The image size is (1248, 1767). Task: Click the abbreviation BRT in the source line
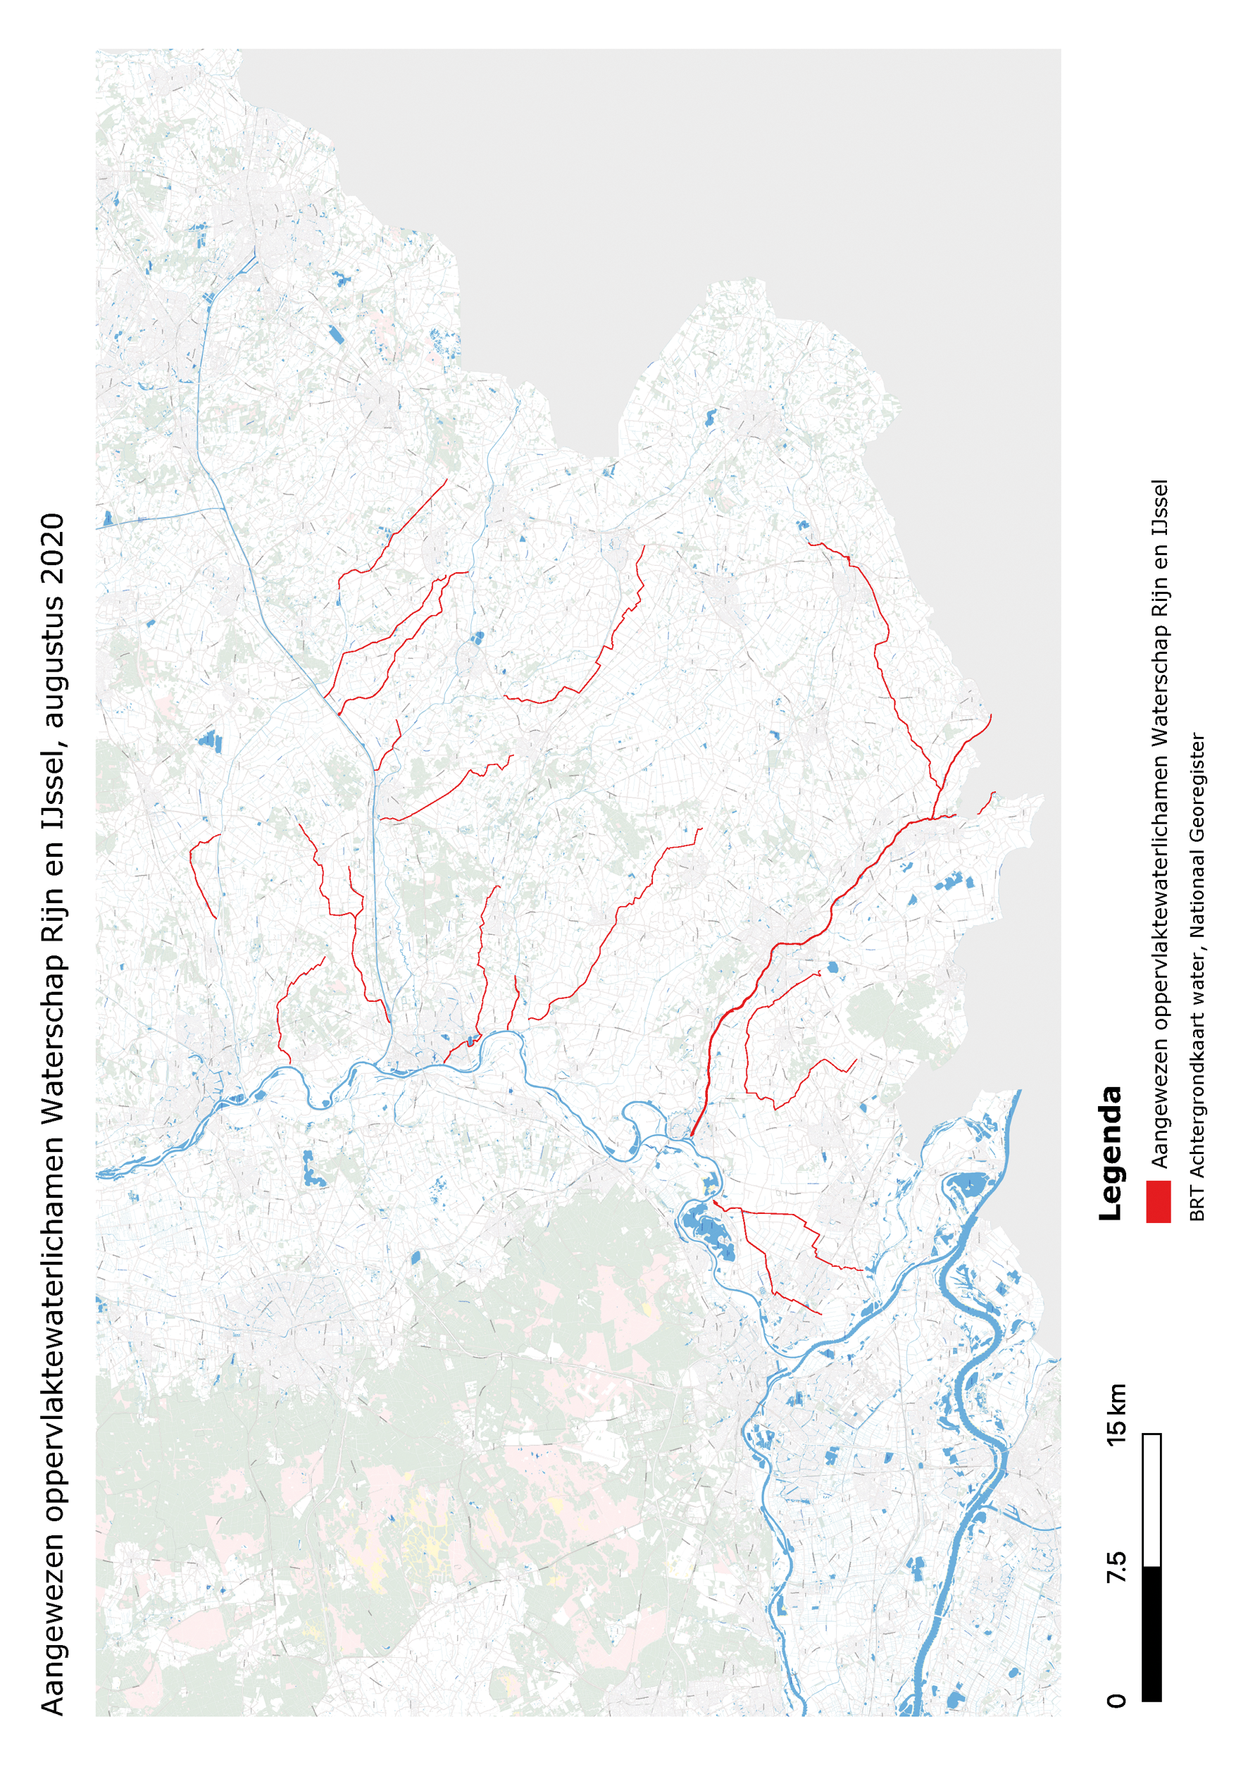coord(1197,1205)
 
